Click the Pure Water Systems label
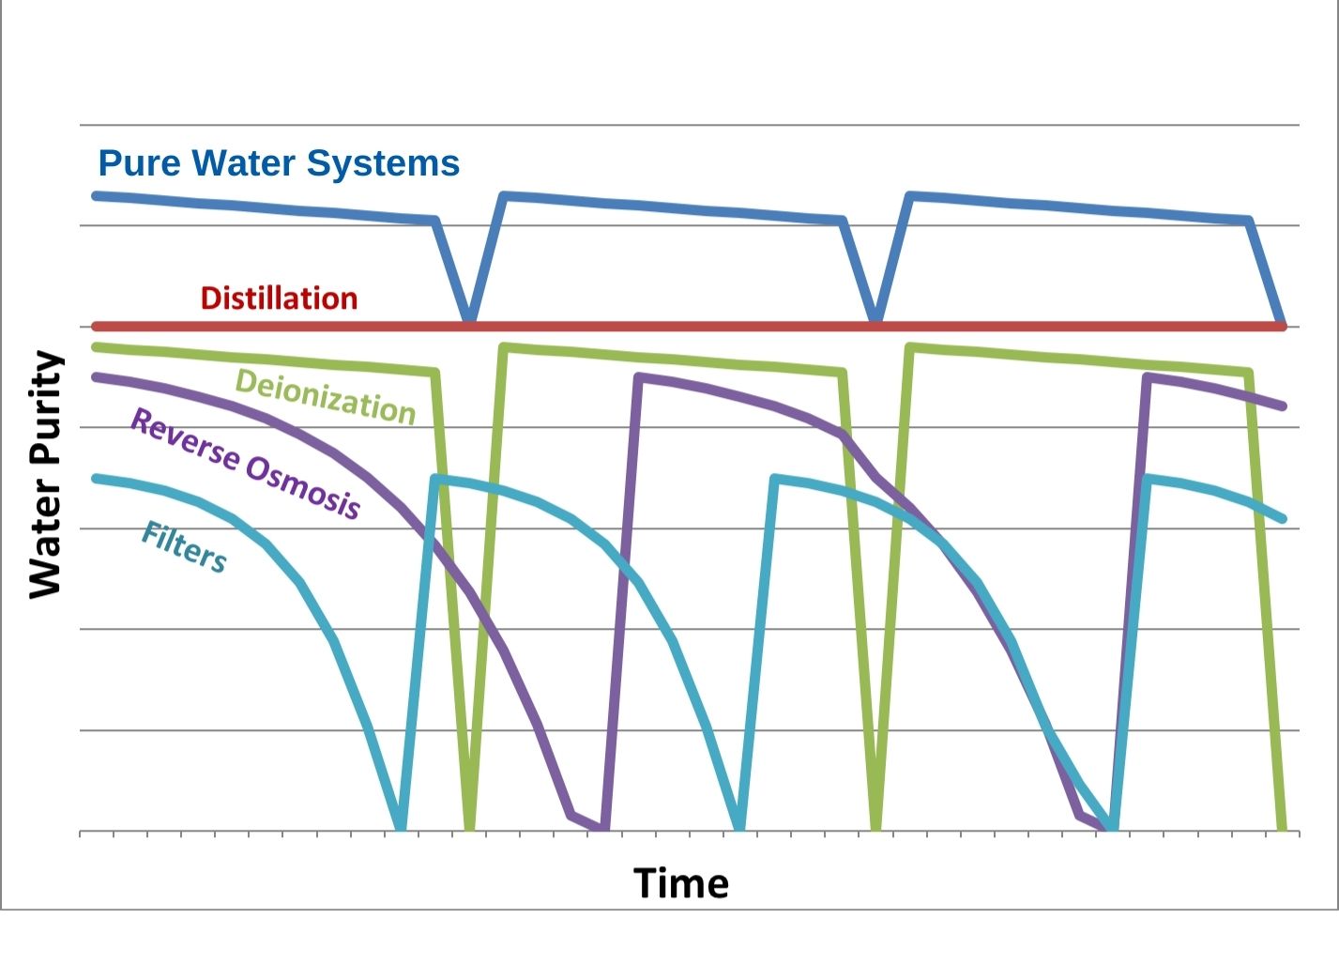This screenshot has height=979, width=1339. [x=279, y=163]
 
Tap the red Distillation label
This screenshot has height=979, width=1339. [x=279, y=298]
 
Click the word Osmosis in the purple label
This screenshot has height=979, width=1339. [x=303, y=486]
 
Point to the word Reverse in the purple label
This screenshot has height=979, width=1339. [x=184, y=439]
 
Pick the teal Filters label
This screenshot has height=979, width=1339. [x=184, y=546]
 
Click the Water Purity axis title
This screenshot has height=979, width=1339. [x=44, y=474]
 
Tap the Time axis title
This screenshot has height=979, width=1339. [x=680, y=883]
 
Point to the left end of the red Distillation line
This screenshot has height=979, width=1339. [x=96, y=326]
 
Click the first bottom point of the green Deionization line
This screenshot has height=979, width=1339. [x=469, y=828]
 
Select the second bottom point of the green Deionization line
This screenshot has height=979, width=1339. [x=875, y=828]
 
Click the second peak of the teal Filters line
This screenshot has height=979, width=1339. [x=775, y=479]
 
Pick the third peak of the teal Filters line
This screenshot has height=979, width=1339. [x=1147, y=479]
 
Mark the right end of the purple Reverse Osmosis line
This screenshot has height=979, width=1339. [x=1282, y=405]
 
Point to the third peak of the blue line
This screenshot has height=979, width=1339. [x=909, y=196]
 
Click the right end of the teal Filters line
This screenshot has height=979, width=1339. [x=1282, y=518]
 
